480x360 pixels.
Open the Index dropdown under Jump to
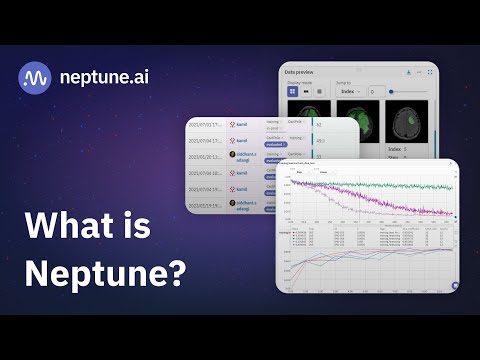point(351,91)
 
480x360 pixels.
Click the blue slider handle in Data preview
point(391,91)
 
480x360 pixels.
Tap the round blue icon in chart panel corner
point(455,285)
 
